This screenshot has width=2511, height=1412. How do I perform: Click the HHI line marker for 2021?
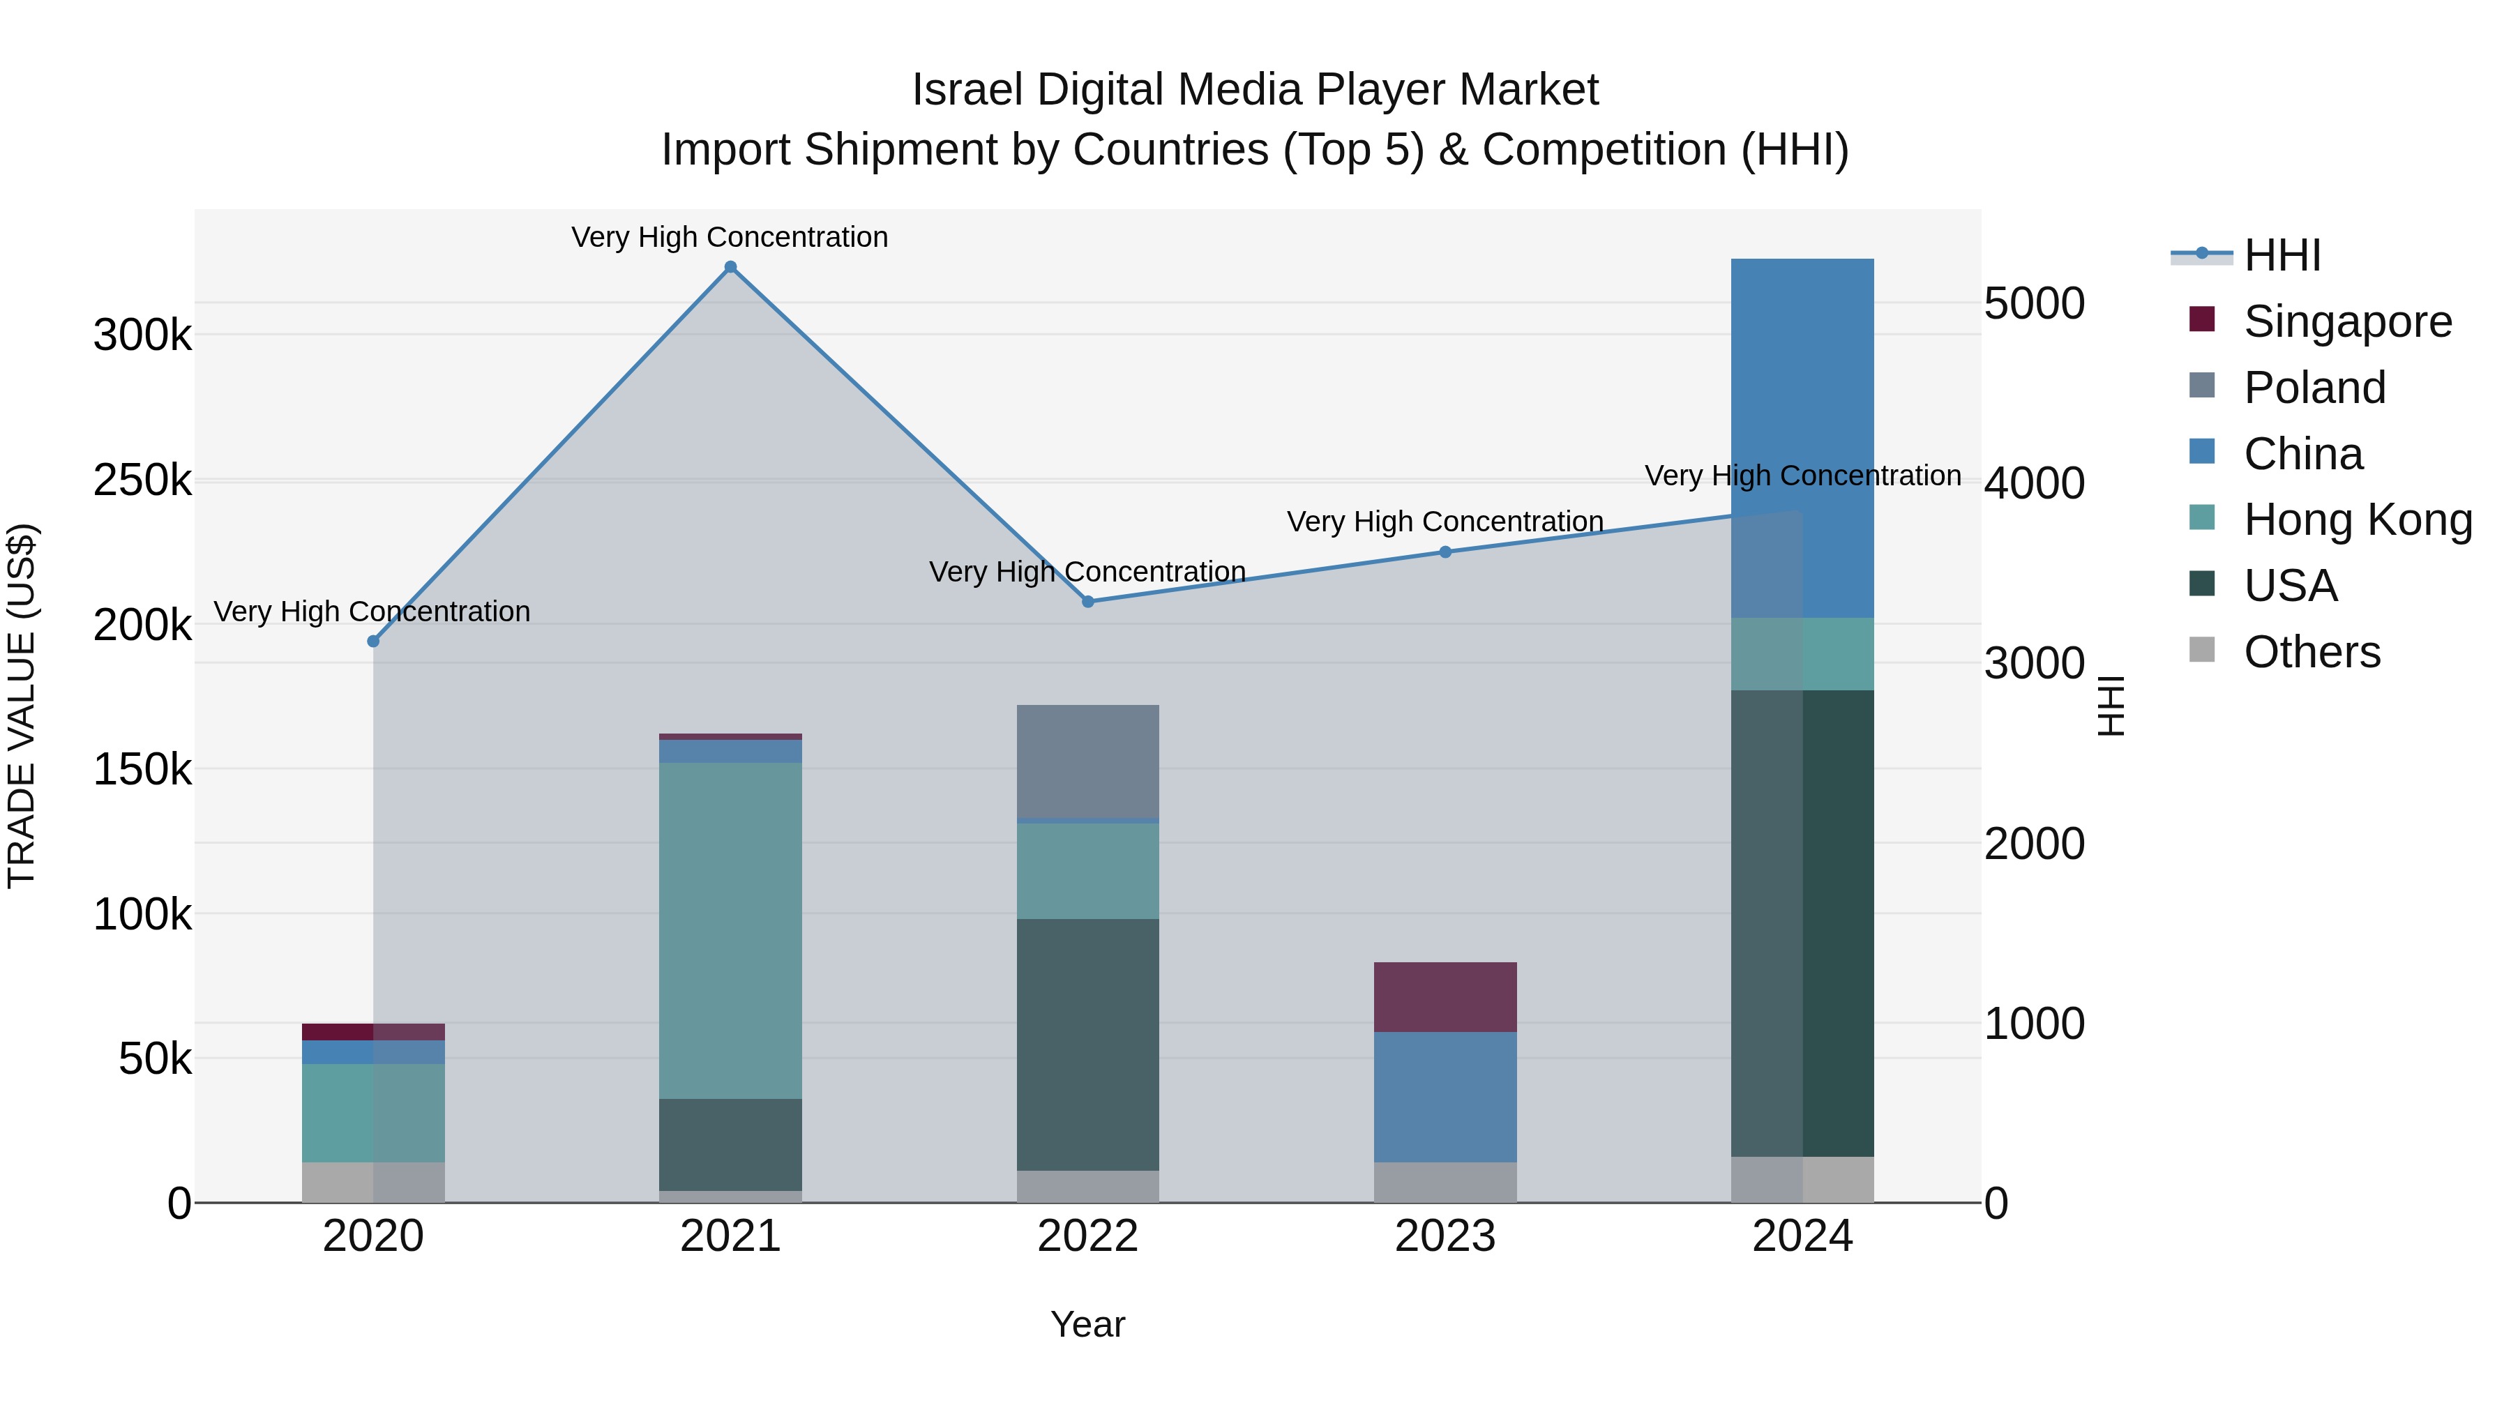(730, 267)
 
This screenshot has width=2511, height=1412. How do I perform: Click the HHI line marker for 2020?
(373, 642)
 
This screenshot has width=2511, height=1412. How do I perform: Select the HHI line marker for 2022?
(1088, 601)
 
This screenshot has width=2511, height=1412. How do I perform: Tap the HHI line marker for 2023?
(1446, 552)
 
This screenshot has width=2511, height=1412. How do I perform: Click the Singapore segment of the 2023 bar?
(1446, 997)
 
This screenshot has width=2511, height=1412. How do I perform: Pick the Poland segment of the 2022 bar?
(1088, 760)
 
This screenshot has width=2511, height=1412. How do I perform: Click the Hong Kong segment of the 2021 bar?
(730, 931)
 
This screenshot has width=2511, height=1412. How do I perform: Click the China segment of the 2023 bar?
(1446, 1096)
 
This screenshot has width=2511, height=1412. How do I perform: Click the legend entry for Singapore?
(2346, 321)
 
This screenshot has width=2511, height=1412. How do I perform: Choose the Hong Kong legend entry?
(2357, 519)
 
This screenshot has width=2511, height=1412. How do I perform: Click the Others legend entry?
(2312, 652)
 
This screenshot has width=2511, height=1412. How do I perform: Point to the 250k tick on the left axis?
(142, 480)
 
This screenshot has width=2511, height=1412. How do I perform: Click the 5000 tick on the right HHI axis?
(2035, 304)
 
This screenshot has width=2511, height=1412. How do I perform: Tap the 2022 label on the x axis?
(1088, 1236)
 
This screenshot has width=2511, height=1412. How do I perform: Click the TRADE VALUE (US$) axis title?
(22, 706)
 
